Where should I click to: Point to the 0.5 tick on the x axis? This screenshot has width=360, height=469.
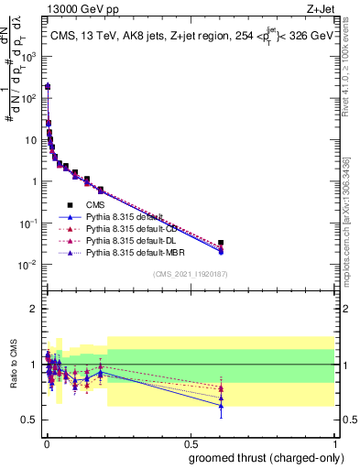tap(190, 442)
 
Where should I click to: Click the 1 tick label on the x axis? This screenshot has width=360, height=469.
tap(334, 442)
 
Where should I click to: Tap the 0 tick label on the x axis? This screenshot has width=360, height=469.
tap(46, 442)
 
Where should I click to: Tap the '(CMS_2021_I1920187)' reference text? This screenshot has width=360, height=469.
tap(190, 274)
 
